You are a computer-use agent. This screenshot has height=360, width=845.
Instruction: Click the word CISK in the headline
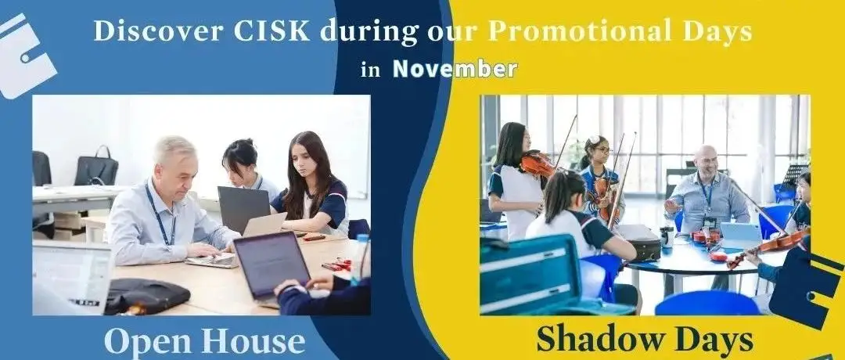[271, 31]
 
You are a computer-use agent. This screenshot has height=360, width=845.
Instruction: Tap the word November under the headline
[455, 69]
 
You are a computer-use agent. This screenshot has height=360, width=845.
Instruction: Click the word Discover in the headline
[159, 31]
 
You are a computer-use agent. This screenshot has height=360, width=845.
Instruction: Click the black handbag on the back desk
[96, 168]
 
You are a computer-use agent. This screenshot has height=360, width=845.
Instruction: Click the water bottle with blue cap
[359, 259]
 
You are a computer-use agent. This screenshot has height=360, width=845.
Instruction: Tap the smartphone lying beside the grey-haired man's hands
[212, 262]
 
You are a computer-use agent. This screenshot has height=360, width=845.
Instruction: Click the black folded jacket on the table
[146, 296]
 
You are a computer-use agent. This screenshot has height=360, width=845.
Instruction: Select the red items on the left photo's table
[337, 265]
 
